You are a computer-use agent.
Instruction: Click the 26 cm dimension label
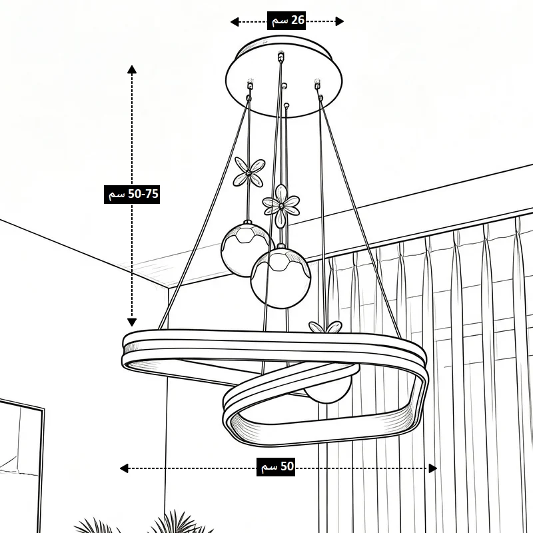[286, 21]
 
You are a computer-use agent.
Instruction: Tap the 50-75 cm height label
[132, 195]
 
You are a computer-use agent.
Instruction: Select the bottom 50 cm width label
[276, 467]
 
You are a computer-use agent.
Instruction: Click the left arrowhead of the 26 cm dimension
[235, 22]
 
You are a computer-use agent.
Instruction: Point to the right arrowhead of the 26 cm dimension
[339, 21]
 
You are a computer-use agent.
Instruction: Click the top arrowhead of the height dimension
[132, 70]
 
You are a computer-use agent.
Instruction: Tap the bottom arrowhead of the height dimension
[132, 322]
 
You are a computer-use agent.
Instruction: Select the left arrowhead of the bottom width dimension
[124, 468]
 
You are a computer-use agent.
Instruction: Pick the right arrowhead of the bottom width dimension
[432, 468]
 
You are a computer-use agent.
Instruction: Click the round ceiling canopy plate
[284, 77]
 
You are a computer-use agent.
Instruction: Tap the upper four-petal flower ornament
[249, 173]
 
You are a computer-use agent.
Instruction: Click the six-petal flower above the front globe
[281, 206]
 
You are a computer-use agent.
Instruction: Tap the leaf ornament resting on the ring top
[325, 327]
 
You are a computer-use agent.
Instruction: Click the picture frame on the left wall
[21, 466]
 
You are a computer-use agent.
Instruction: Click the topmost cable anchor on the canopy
[280, 57]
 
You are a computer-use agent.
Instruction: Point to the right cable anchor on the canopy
[318, 84]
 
